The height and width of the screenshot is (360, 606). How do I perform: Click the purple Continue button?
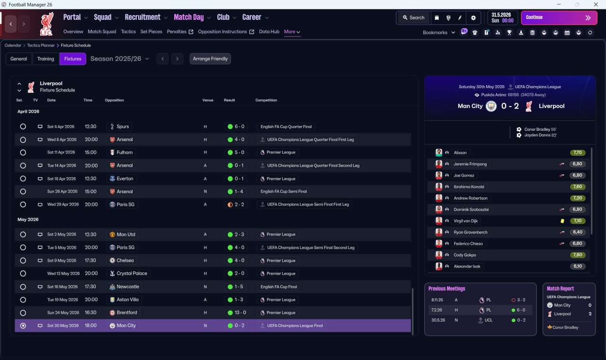(559, 18)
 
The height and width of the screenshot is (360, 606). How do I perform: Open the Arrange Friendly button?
(210, 59)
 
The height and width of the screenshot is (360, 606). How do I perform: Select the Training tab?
(45, 59)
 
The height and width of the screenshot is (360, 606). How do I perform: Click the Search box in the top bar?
(413, 18)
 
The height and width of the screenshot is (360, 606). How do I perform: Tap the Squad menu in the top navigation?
(103, 18)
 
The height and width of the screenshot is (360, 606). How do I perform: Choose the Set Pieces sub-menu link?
(151, 32)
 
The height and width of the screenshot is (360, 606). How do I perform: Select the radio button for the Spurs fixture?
(23, 126)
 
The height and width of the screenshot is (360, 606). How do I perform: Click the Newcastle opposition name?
(128, 287)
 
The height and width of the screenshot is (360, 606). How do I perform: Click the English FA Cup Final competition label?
(279, 287)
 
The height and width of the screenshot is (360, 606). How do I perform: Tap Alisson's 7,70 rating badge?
(577, 153)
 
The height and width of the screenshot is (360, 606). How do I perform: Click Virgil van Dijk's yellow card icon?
(562, 221)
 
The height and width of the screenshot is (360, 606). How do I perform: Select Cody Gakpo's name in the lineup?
(464, 255)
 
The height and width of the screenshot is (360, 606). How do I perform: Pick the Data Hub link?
(269, 32)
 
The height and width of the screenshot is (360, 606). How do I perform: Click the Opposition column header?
(114, 100)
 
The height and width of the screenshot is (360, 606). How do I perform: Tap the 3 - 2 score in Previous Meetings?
(521, 300)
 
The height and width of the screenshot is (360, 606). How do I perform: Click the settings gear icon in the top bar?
(473, 18)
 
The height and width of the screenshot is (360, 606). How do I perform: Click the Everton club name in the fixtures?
(125, 179)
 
